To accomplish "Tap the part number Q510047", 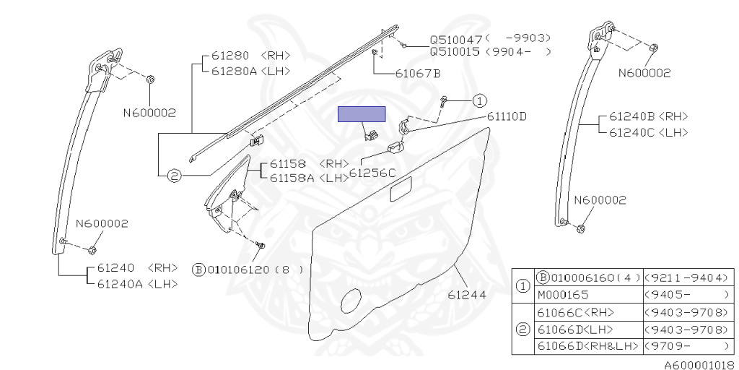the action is pyautogui.click(x=456, y=39).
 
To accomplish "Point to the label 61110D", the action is pyautogui.click(x=507, y=116).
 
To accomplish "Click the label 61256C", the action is pyautogui.click(x=372, y=173).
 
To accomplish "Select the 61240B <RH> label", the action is pyautogui.click(x=648, y=116).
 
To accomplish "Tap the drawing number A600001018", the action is pyautogui.click(x=699, y=366).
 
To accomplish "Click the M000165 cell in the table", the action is pyautogui.click(x=563, y=295).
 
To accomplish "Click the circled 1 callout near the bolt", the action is pyautogui.click(x=481, y=101).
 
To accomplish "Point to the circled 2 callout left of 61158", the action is pyautogui.click(x=173, y=174).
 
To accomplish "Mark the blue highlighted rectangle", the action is pyautogui.click(x=362, y=113).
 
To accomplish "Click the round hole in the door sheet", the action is pyautogui.click(x=351, y=300).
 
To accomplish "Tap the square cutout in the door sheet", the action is pyautogui.click(x=399, y=193).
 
